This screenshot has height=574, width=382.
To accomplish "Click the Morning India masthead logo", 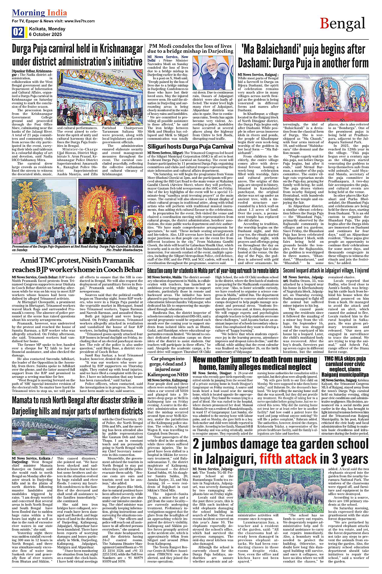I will click(x=39, y=13).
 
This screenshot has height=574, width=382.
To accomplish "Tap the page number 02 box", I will click(x=18, y=32).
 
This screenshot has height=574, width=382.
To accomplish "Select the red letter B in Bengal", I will click(x=325, y=24).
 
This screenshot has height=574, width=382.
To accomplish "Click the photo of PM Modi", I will click(x=213, y=73).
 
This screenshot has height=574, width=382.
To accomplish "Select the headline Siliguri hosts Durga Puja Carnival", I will click(x=190, y=146).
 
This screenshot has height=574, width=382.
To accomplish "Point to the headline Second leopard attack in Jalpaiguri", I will click(x=326, y=271).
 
